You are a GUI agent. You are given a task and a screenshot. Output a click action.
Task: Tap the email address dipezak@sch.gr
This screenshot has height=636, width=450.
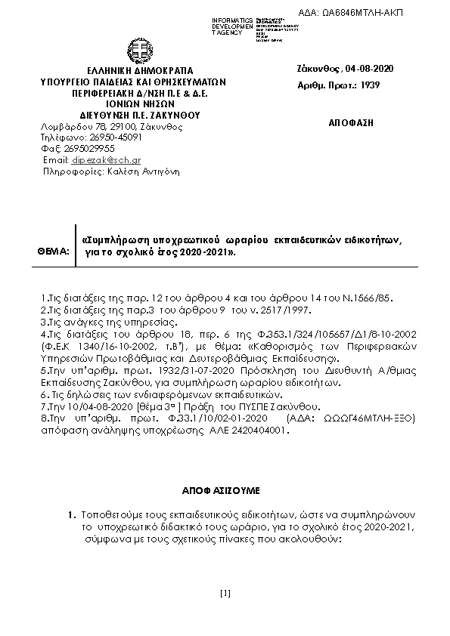coord(112,161)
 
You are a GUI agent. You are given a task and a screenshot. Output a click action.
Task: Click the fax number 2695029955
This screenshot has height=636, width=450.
coord(89,150)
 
